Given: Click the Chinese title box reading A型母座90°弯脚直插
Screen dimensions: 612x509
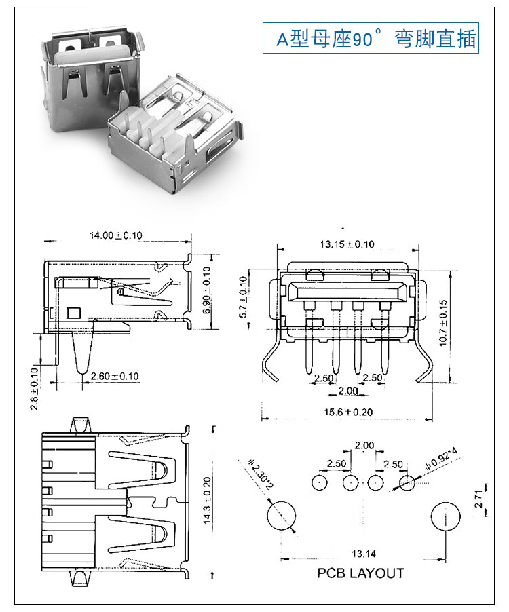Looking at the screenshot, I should [371, 39].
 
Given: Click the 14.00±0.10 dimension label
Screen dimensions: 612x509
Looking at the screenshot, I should [116, 235].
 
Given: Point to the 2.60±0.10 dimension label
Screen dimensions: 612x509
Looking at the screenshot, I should [115, 376].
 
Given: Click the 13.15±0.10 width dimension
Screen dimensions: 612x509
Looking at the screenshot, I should [347, 244].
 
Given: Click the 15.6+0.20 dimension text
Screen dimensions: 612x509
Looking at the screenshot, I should [348, 412].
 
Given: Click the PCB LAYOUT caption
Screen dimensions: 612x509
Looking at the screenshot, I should [360, 573].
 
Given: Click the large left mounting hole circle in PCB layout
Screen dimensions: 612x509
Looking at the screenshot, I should [280, 516].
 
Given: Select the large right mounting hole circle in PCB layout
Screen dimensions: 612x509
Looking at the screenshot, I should [446, 516].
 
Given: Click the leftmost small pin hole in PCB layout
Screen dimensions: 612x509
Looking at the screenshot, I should [320, 483].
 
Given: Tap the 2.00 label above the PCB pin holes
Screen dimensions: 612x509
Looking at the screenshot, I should [364, 446].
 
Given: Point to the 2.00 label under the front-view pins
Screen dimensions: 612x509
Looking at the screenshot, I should [347, 391].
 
